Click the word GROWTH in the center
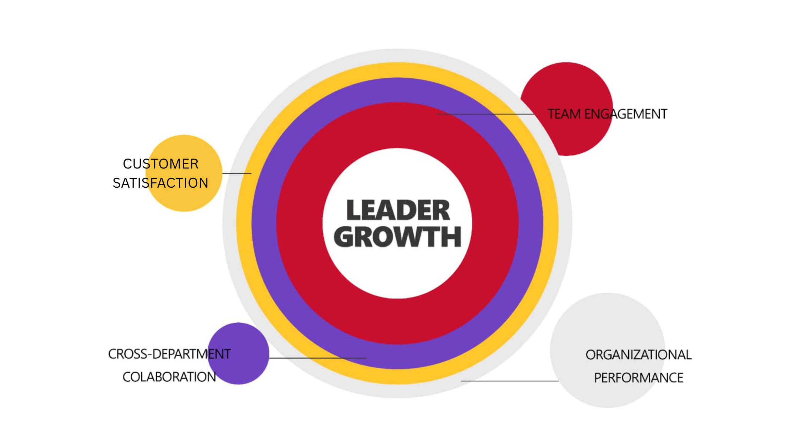[397, 237]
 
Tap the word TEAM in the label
[564, 114]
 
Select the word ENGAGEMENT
[626, 114]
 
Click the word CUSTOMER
[160, 164]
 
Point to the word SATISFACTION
[160, 183]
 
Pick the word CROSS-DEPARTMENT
[169, 354]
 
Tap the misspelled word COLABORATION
[169, 377]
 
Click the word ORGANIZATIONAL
[638, 355]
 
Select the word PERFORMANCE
[638, 378]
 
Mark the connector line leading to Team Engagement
[486, 114]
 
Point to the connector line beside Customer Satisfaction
[237, 173]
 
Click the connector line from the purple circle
[318, 358]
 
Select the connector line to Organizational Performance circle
[510, 381]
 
